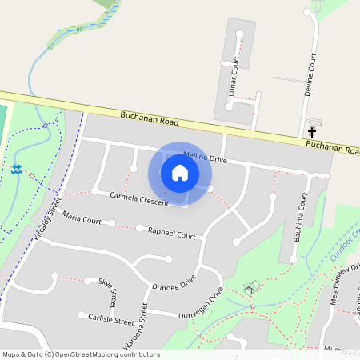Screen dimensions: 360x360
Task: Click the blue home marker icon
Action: (x=180, y=173)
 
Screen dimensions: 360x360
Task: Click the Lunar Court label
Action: (x=234, y=80)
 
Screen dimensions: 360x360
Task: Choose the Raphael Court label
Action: (x=172, y=235)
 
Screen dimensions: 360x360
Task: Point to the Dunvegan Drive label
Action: (x=198, y=307)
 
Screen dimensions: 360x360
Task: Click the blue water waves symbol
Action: (x=18, y=169)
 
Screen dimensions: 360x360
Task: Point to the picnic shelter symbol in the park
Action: (x=253, y=286)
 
